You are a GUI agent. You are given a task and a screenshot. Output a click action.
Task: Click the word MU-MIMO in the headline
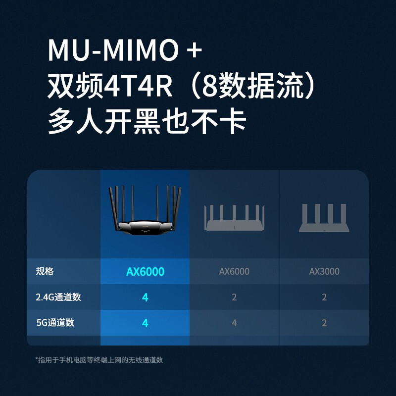(x=113, y=50)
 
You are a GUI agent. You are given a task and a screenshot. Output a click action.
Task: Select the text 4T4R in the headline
(x=138, y=86)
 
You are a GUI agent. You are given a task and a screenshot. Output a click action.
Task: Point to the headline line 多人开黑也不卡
(x=147, y=121)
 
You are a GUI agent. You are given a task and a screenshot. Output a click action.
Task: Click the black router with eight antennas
(x=145, y=210)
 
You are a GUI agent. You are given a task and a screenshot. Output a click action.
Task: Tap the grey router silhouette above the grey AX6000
(x=234, y=218)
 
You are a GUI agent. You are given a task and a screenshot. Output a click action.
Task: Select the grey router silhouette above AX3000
(x=324, y=218)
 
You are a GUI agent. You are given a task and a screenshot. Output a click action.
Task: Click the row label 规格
(x=45, y=271)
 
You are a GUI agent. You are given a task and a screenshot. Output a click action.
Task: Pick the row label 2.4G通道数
(x=58, y=297)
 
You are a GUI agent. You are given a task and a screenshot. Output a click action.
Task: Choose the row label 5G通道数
(x=55, y=323)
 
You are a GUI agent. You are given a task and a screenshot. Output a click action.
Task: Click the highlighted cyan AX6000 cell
(x=145, y=271)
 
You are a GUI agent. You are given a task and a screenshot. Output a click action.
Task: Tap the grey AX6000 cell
(x=234, y=271)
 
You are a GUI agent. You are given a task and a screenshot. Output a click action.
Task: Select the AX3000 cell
(x=324, y=271)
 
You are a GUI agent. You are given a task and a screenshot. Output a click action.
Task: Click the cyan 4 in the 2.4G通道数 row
(x=145, y=297)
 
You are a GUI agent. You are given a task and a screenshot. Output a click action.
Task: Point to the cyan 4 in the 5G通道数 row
(x=145, y=323)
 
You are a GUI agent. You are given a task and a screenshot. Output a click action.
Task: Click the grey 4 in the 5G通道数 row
(x=234, y=323)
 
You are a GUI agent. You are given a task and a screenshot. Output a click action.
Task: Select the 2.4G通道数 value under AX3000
(x=324, y=297)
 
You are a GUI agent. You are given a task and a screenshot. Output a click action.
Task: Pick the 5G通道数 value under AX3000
(x=324, y=323)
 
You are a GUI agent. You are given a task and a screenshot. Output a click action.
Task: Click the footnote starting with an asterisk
(x=99, y=360)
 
